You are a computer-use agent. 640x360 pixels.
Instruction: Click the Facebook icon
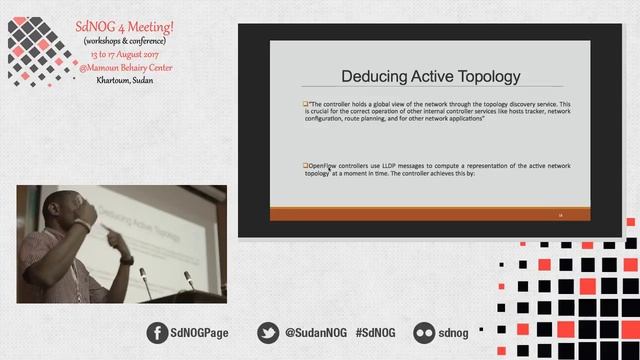(158, 332)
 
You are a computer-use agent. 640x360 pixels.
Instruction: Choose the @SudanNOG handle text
(315, 332)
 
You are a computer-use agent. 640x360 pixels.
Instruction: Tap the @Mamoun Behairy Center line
(124, 66)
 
